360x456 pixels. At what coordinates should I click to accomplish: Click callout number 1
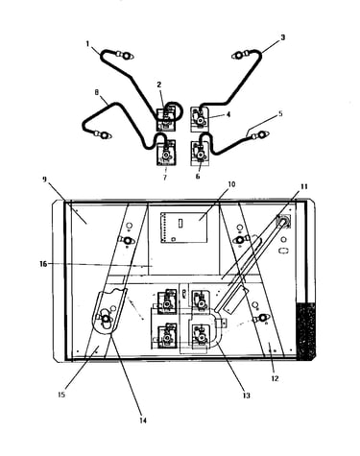(x=88, y=43)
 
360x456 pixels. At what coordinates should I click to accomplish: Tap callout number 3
(x=282, y=37)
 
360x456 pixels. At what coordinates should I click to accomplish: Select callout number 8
(x=97, y=92)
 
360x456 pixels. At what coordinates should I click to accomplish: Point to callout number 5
(x=280, y=113)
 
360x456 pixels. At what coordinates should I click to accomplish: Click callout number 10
(x=231, y=184)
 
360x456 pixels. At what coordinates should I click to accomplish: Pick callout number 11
(x=303, y=186)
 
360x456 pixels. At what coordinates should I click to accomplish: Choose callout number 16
(x=43, y=264)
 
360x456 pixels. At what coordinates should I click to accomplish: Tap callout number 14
(x=143, y=420)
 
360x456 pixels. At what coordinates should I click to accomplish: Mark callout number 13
(x=246, y=396)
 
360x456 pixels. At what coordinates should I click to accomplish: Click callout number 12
(x=275, y=378)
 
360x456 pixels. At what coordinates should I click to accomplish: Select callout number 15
(x=61, y=395)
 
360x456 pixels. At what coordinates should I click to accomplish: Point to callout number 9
(x=44, y=180)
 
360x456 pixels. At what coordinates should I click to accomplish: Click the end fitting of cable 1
(x=126, y=56)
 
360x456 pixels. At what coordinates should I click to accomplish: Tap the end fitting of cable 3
(x=240, y=56)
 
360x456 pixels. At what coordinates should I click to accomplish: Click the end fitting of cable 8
(x=103, y=135)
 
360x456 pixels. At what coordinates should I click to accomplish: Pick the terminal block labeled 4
(x=200, y=120)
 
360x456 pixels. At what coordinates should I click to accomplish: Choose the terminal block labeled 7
(x=166, y=154)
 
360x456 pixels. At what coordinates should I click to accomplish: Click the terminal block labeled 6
(x=200, y=154)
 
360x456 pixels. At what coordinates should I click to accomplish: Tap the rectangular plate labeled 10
(x=183, y=228)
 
